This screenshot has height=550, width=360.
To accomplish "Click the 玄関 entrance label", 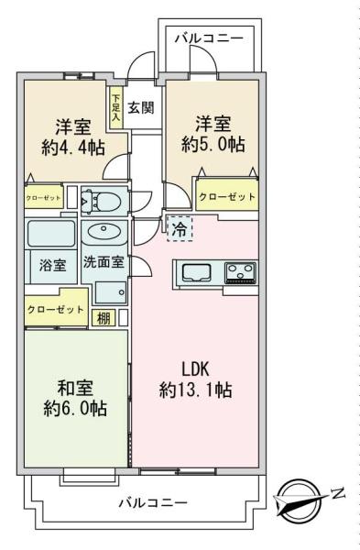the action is pyautogui.click(x=140, y=107).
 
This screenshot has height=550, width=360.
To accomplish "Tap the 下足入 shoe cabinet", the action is pyautogui.click(x=115, y=108).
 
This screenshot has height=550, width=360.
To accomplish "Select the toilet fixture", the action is pyautogui.click(x=101, y=201).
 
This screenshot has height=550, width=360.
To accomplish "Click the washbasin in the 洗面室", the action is pyautogui.click(x=104, y=231).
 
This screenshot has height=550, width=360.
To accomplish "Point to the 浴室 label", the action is pyautogui.click(x=52, y=265).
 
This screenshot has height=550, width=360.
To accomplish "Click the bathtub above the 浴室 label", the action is pyautogui.click(x=51, y=233).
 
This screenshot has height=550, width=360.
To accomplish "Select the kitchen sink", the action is pyautogui.click(x=196, y=272).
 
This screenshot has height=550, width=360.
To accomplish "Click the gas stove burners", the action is pyautogui.click(x=241, y=272).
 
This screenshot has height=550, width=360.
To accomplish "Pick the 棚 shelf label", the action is pyautogui.click(x=104, y=318).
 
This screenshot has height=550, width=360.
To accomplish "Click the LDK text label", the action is pyautogui.click(x=195, y=369).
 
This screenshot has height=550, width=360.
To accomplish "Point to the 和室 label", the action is pyautogui.click(x=75, y=389).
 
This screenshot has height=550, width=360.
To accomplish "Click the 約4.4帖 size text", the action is pyautogui.click(x=73, y=148).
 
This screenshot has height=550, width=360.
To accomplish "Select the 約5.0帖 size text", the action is pyautogui.click(x=213, y=144).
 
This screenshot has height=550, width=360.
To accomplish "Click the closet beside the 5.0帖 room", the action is pyautogui.click(x=227, y=195).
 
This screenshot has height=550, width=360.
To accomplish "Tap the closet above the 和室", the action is pyautogui.click(x=56, y=308).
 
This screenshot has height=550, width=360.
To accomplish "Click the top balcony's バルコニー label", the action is pyautogui.click(x=209, y=38).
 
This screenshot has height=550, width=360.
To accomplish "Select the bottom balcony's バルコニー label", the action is pyautogui.click(x=153, y=503).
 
